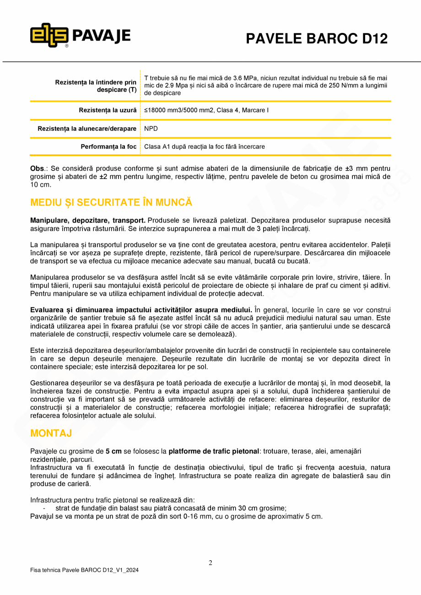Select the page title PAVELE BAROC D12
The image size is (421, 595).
[x=317, y=39]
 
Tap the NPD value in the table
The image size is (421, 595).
[x=151, y=129]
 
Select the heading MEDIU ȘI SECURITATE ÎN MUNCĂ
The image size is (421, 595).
[x=111, y=202]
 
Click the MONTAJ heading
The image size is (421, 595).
[x=51, y=433]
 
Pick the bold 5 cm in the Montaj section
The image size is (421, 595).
[x=113, y=451]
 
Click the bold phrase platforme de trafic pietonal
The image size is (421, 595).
[x=214, y=451]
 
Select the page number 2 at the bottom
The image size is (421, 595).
[x=210, y=563]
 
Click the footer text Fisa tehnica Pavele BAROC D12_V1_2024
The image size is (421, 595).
[x=84, y=570]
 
